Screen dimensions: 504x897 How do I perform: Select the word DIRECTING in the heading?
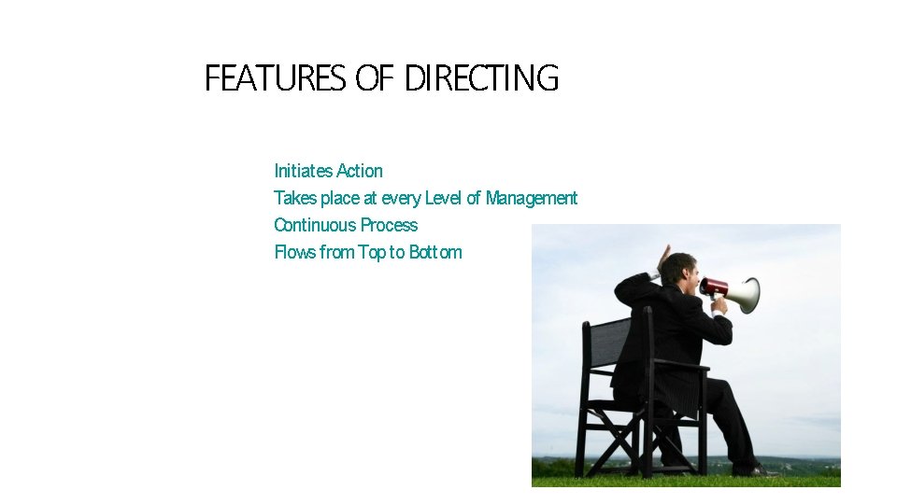tap(481, 78)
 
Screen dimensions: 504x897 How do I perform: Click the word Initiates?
tap(303, 171)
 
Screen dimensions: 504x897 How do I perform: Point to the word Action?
tap(360, 171)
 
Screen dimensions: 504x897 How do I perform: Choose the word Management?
tap(532, 198)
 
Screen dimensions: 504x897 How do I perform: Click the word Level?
tap(443, 198)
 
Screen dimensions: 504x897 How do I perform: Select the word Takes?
tap(294, 198)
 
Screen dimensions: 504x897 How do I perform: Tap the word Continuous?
tap(315, 225)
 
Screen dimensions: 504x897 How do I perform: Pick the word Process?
tap(389, 225)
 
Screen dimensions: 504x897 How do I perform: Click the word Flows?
tap(294, 252)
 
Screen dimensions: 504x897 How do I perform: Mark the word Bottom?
tap(435, 252)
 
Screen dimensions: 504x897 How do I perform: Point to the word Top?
tap(372, 252)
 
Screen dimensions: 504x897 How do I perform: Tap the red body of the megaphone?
tap(715, 287)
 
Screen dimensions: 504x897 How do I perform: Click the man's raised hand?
tap(664, 257)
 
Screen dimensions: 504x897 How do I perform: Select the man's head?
tap(681, 272)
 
